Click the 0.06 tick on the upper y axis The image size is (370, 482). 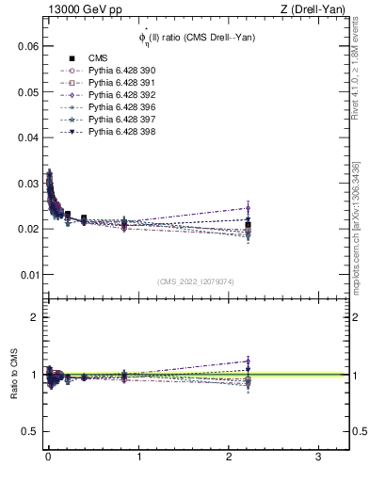pos(31,45)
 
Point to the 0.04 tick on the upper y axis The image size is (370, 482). pos(31,137)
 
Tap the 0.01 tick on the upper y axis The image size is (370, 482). pos(31,274)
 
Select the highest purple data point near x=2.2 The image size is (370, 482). pos(248,208)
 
